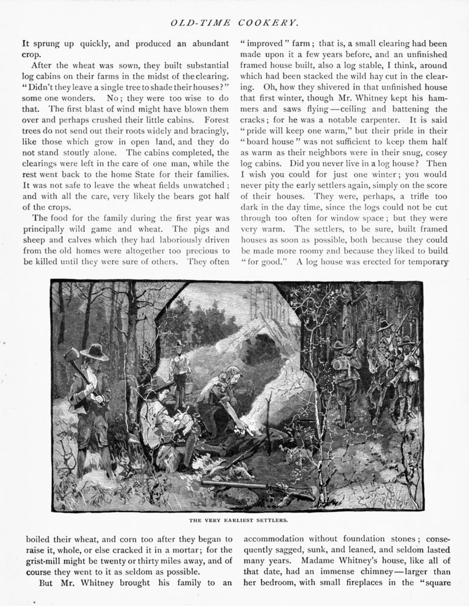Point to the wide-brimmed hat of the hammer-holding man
click(x=94, y=351)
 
